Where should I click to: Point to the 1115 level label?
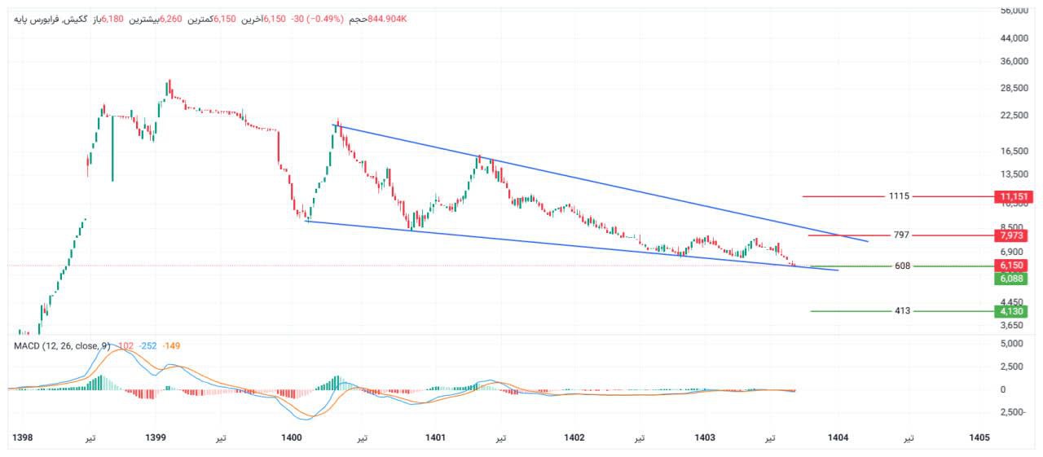coord(900,196)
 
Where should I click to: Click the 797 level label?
coord(901,235)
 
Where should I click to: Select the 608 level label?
coord(901,266)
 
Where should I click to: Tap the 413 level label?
coord(902,311)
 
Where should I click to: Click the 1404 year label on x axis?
coord(838,437)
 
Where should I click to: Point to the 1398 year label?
coord(23,437)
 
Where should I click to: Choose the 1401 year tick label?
coord(435,437)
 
